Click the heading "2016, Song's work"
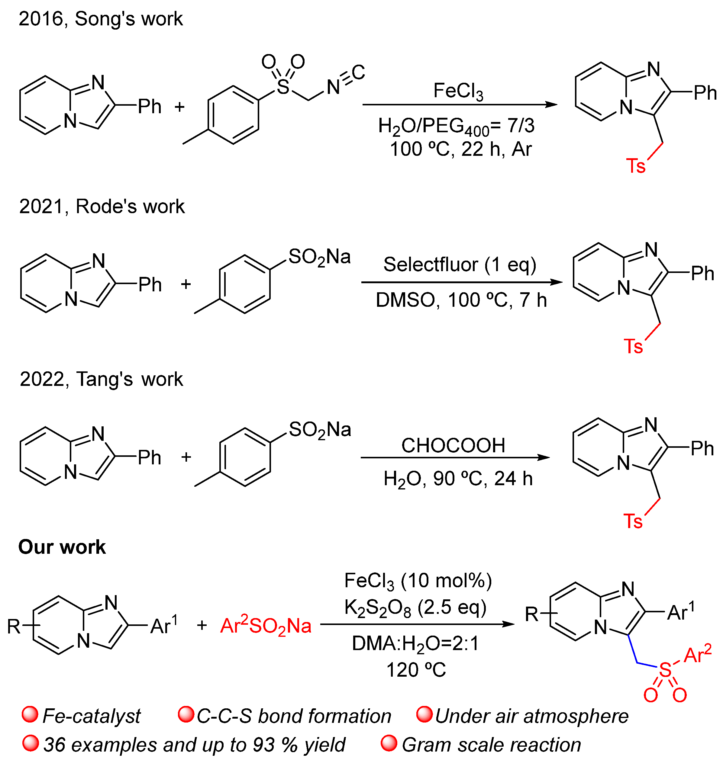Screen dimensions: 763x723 tap(101, 19)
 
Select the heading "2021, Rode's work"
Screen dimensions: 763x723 tap(102, 207)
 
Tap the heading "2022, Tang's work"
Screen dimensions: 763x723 tap(101, 379)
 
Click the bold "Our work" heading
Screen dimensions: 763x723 tap(62, 547)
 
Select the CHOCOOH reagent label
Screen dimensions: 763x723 tap(453, 446)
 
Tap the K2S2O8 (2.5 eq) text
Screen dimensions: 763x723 tap(415, 608)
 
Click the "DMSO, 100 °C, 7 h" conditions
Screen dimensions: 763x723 tap(461, 300)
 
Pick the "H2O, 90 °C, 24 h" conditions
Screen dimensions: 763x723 tap(458, 479)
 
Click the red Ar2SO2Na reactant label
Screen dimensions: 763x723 tap(266, 626)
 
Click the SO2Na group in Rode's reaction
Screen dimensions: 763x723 tap(319, 257)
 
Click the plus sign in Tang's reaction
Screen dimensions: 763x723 tap(186, 457)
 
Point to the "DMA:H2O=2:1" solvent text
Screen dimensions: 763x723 tap(415, 643)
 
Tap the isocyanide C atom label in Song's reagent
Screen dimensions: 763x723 tap(358, 72)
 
